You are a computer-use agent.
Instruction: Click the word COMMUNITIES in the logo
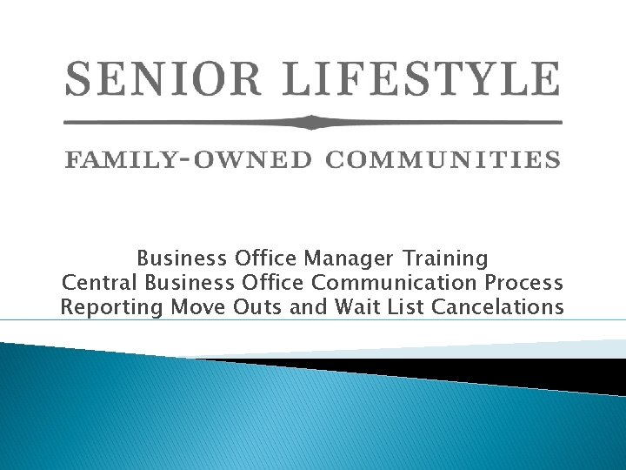443,160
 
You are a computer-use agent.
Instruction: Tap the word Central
101,283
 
